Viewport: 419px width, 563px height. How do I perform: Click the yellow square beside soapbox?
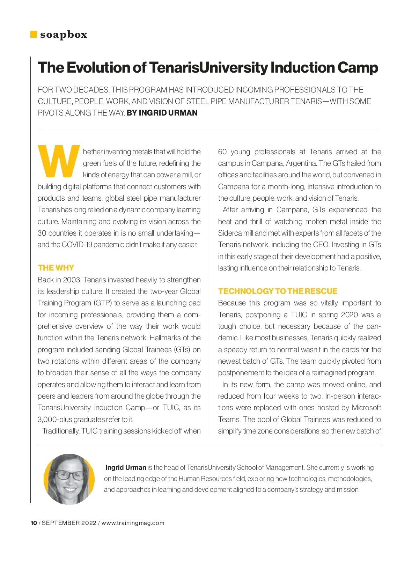click(34, 34)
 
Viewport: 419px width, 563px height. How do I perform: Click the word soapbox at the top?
click(64, 35)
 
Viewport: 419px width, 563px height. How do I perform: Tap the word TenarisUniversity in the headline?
click(208, 67)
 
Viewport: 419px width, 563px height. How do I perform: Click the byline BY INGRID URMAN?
click(162, 113)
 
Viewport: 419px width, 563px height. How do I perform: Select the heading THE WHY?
click(56, 268)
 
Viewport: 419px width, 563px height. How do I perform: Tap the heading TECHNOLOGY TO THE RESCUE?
click(278, 291)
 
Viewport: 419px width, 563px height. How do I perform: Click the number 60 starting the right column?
click(222, 152)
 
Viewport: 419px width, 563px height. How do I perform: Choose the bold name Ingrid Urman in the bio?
click(126, 467)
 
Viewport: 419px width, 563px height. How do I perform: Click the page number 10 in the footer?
click(34, 523)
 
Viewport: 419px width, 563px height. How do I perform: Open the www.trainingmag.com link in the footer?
click(133, 523)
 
